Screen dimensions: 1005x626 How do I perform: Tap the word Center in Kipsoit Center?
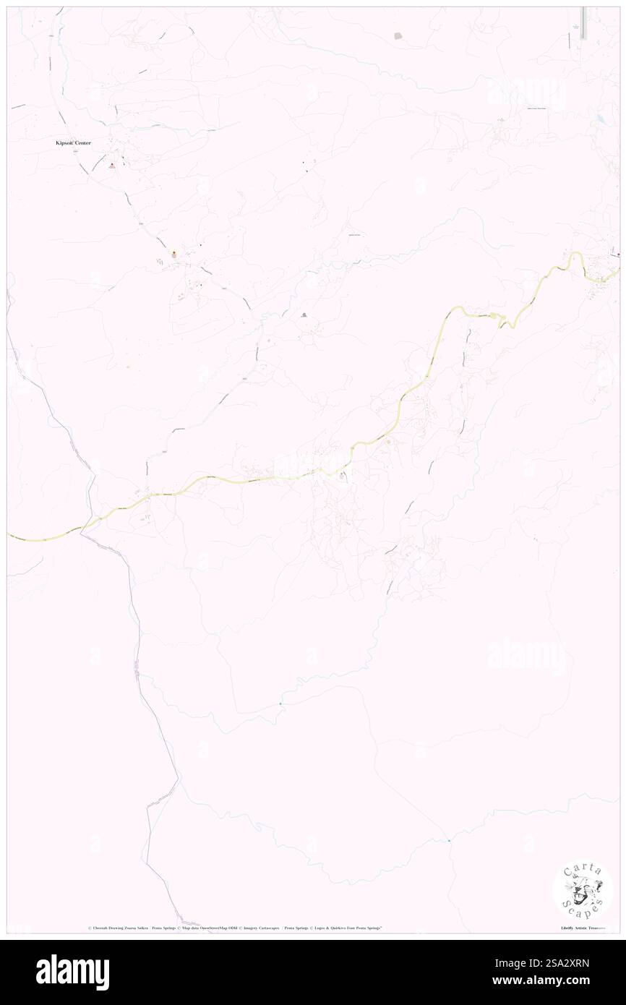(82, 143)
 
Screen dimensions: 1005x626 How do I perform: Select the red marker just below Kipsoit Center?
(111, 166)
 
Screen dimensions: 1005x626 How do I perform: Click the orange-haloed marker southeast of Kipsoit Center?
(173, 254)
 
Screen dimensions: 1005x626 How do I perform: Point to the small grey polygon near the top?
(398, 35)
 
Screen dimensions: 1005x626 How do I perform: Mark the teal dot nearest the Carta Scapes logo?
(449, 840)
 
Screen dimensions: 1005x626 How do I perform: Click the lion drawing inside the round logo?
(583, 889)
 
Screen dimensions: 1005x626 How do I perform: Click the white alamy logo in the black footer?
(72, 972)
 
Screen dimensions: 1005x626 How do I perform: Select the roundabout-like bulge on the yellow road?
(493, 315)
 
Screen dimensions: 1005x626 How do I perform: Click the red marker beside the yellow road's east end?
(619, 255)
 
